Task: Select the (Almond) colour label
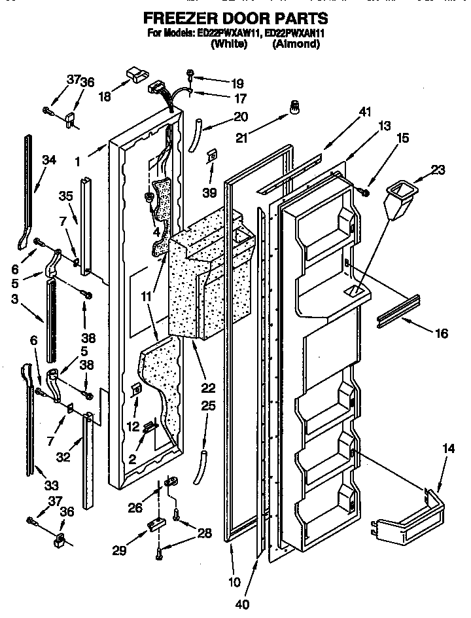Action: [x=296, y=45]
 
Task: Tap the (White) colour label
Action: [x=228, y=45]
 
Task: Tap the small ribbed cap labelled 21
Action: [x=294, y=107]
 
